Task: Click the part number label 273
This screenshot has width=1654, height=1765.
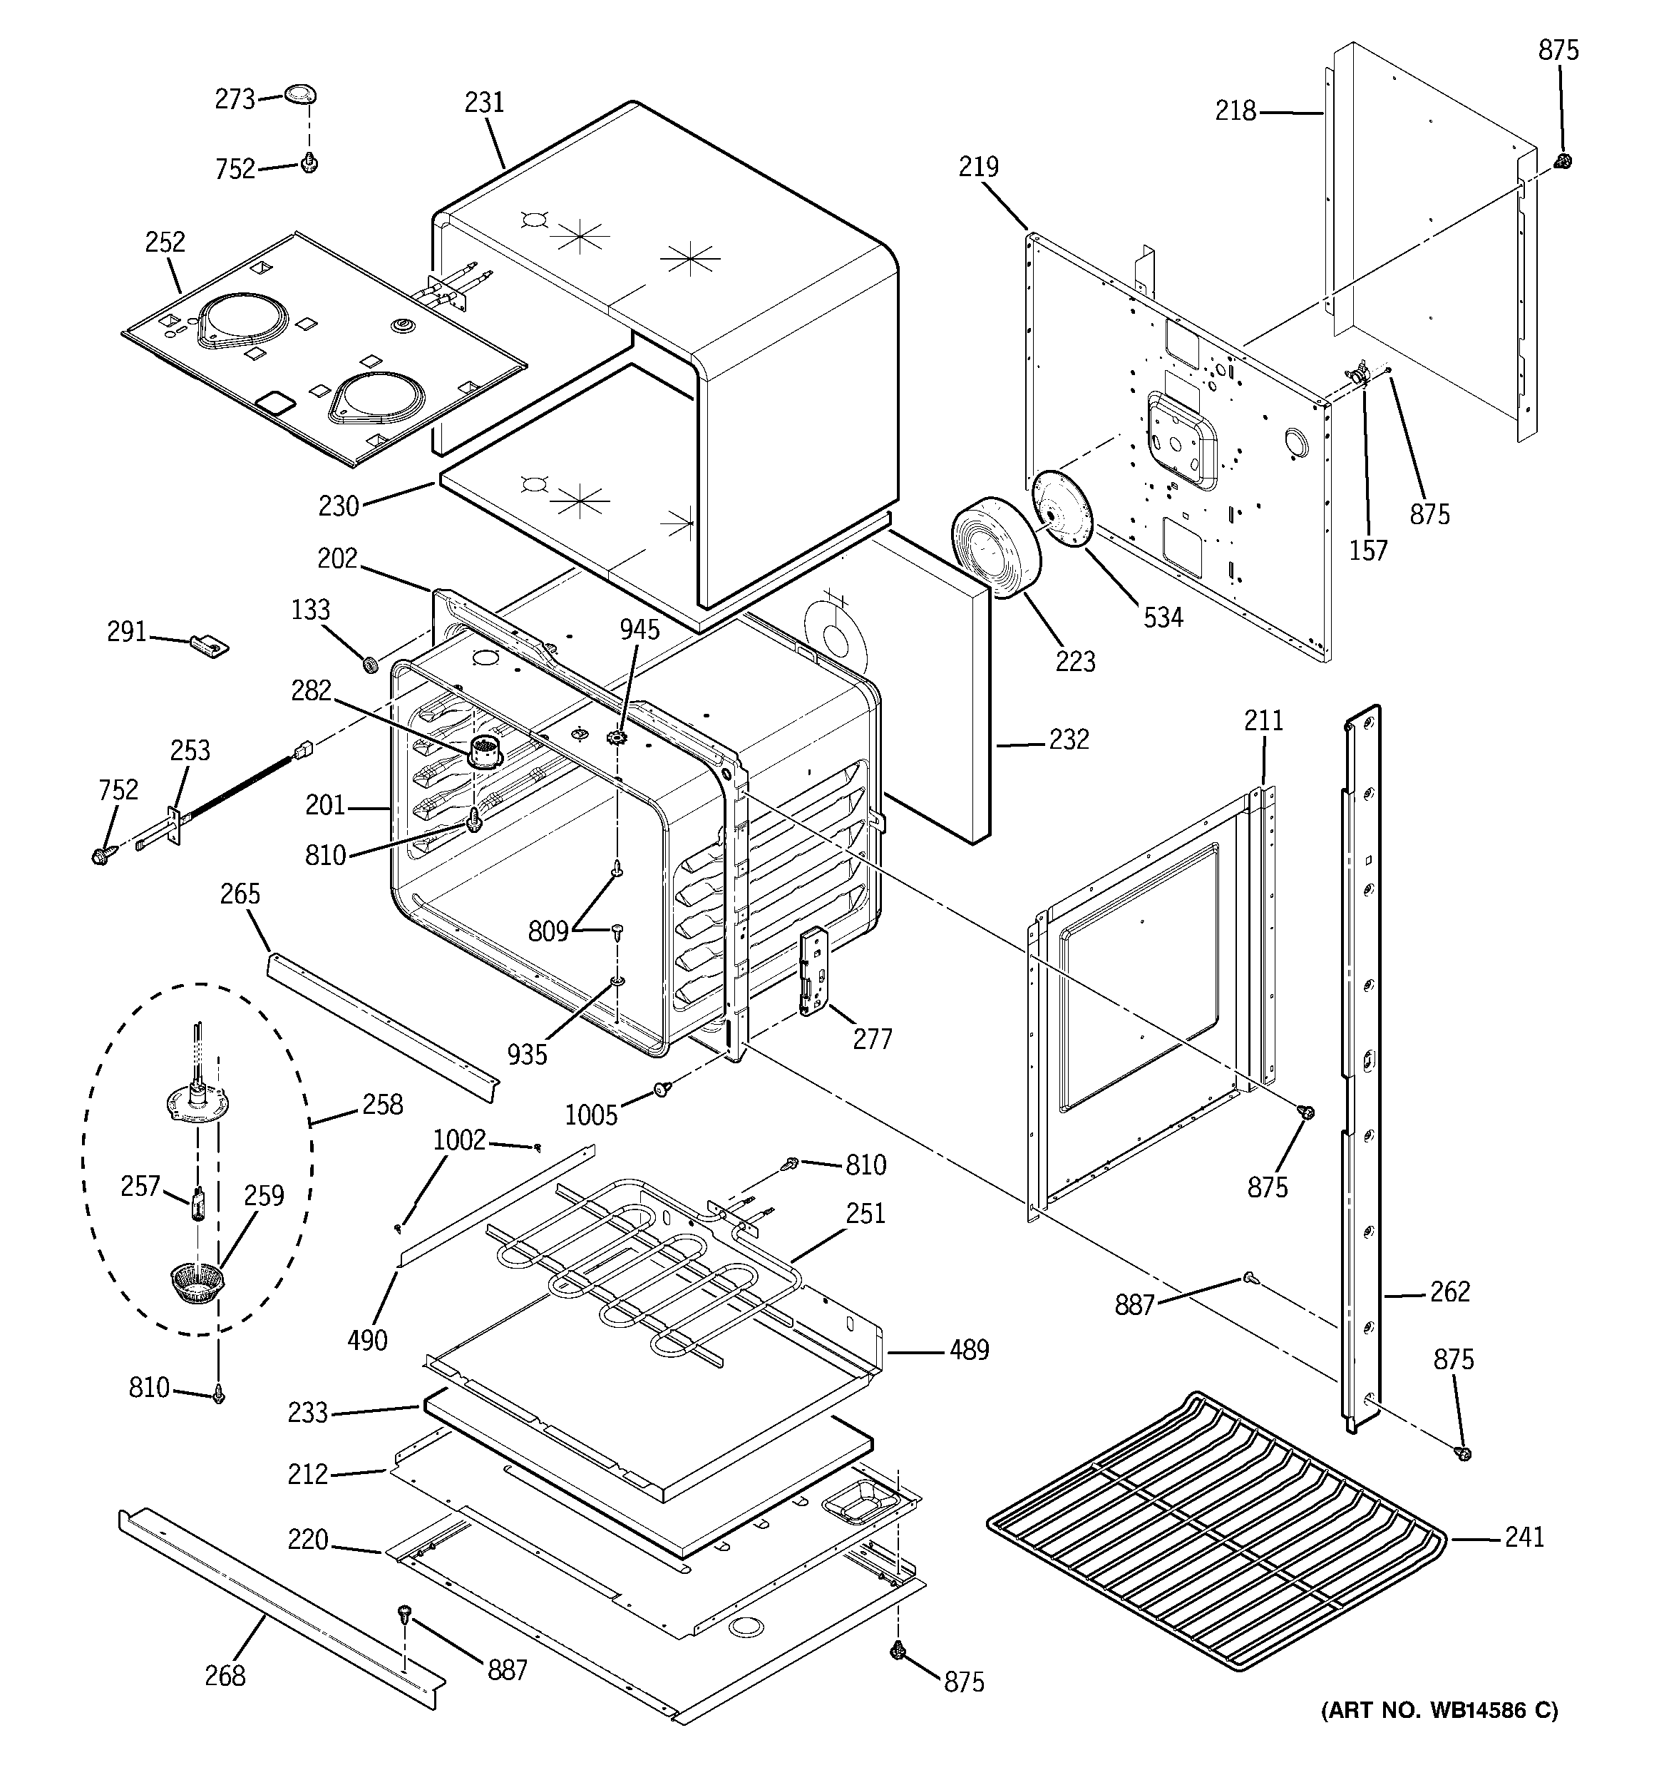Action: point(235,98)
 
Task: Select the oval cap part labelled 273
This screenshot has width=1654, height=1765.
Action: point(301,94)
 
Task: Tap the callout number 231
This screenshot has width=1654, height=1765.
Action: point(484,103)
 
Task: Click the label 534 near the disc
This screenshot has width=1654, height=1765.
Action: point(1162,616)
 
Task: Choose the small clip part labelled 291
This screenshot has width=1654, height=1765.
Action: point(210,644)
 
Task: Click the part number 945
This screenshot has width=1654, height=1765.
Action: point(639,630)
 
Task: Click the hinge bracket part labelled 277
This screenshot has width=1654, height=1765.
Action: point(814,970)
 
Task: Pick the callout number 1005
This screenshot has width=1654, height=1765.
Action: point(591,1115)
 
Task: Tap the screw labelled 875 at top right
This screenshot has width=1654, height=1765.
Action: point(1563,160)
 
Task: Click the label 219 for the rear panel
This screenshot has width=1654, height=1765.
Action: point(978,166)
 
